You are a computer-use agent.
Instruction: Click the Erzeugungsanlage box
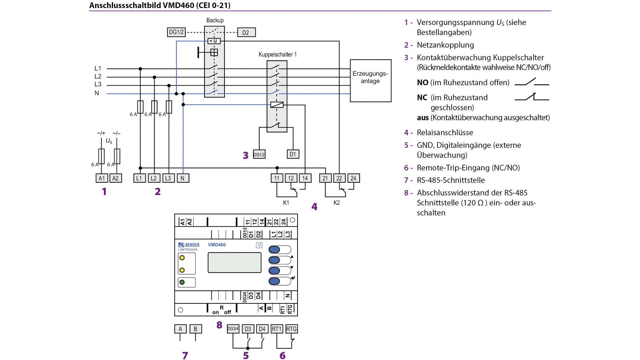(x=370, y=80)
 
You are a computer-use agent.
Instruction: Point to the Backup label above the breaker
(x=215, y=20)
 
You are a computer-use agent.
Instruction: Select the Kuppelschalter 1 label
(x=277, y=54)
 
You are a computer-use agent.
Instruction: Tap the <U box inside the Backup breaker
(x=214, y=41)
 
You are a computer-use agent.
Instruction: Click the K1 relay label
(x=286, y=203)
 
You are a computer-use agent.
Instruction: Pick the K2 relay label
(x=337, y=203)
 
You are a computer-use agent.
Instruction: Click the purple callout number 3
(x=246, y=155)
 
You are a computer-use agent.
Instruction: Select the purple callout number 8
(x=219, y=325)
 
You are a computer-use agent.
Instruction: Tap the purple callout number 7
(x=185, y=355)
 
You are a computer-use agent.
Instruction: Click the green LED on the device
(x=182, y=282)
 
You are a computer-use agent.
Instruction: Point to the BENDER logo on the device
(x=189, y=245)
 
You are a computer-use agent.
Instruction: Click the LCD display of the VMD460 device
(x=234, y=262)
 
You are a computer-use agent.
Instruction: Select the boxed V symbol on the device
(x=259, y=246)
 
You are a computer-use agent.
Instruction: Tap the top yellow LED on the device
(x=182, y=258)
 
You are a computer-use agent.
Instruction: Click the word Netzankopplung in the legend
(x=445, y=45)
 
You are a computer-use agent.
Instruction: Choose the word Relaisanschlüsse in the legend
(x=445, y=132)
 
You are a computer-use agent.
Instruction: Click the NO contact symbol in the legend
(x=531, y=83)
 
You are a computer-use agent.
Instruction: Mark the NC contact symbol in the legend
(x=531, y=97)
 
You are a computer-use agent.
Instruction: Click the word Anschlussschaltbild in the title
(x=125, y=5)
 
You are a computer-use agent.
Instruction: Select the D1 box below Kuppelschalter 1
(x=293, y=154)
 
